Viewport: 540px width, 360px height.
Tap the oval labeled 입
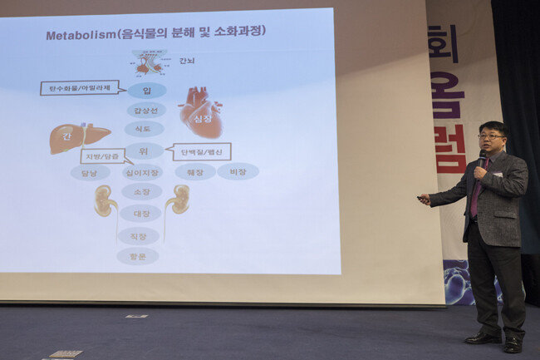tap(147, 90)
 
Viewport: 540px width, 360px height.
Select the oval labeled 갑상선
tap(146, 110)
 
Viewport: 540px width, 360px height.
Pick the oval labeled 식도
tap(145, 129)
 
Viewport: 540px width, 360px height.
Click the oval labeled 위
tap(145, 150)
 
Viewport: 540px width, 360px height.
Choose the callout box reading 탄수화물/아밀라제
tap(79, 87)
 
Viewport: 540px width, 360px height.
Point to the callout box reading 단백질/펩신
tap(201, 151)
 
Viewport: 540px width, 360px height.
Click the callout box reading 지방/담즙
tap(103, 155)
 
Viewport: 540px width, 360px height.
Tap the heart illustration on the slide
tap(201, 112)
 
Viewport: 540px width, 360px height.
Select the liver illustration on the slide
tap(77, 136)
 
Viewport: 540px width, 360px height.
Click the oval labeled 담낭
tap(90, 172)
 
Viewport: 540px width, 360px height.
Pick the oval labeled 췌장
tap(195, 171)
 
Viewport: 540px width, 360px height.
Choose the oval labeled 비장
tap(238, 171)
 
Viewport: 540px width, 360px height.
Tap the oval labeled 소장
tap(141, 192)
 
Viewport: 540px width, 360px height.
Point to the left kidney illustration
tap(104, 200)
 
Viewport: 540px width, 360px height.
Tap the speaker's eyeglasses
tap(489, 136)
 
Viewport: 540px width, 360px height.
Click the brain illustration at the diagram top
tap(150, 63)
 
